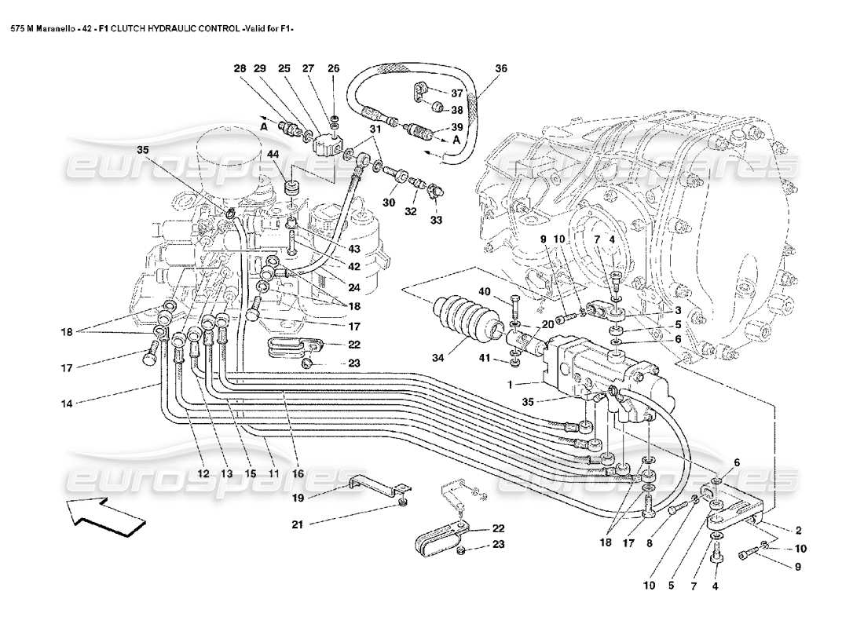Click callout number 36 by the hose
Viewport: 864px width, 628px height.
pyautogui.click(x=502, y=69)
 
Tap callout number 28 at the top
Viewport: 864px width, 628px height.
pyautogui.click(x=240, y=69)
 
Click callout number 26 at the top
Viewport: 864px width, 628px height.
pyautogui.click(x=334, y=69)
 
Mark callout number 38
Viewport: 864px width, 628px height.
pyautogui.click(x=456, y=110)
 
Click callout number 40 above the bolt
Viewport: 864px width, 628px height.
pyautogui.click(x=485, y=292)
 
